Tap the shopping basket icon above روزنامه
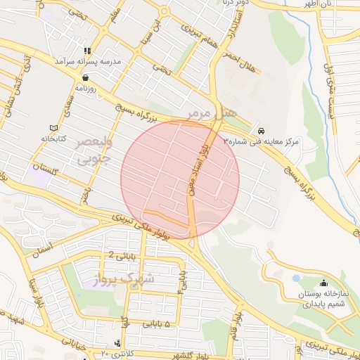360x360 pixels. point(85,78)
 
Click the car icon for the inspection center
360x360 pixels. point(262,131)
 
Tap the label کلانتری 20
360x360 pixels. point(120,352)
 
